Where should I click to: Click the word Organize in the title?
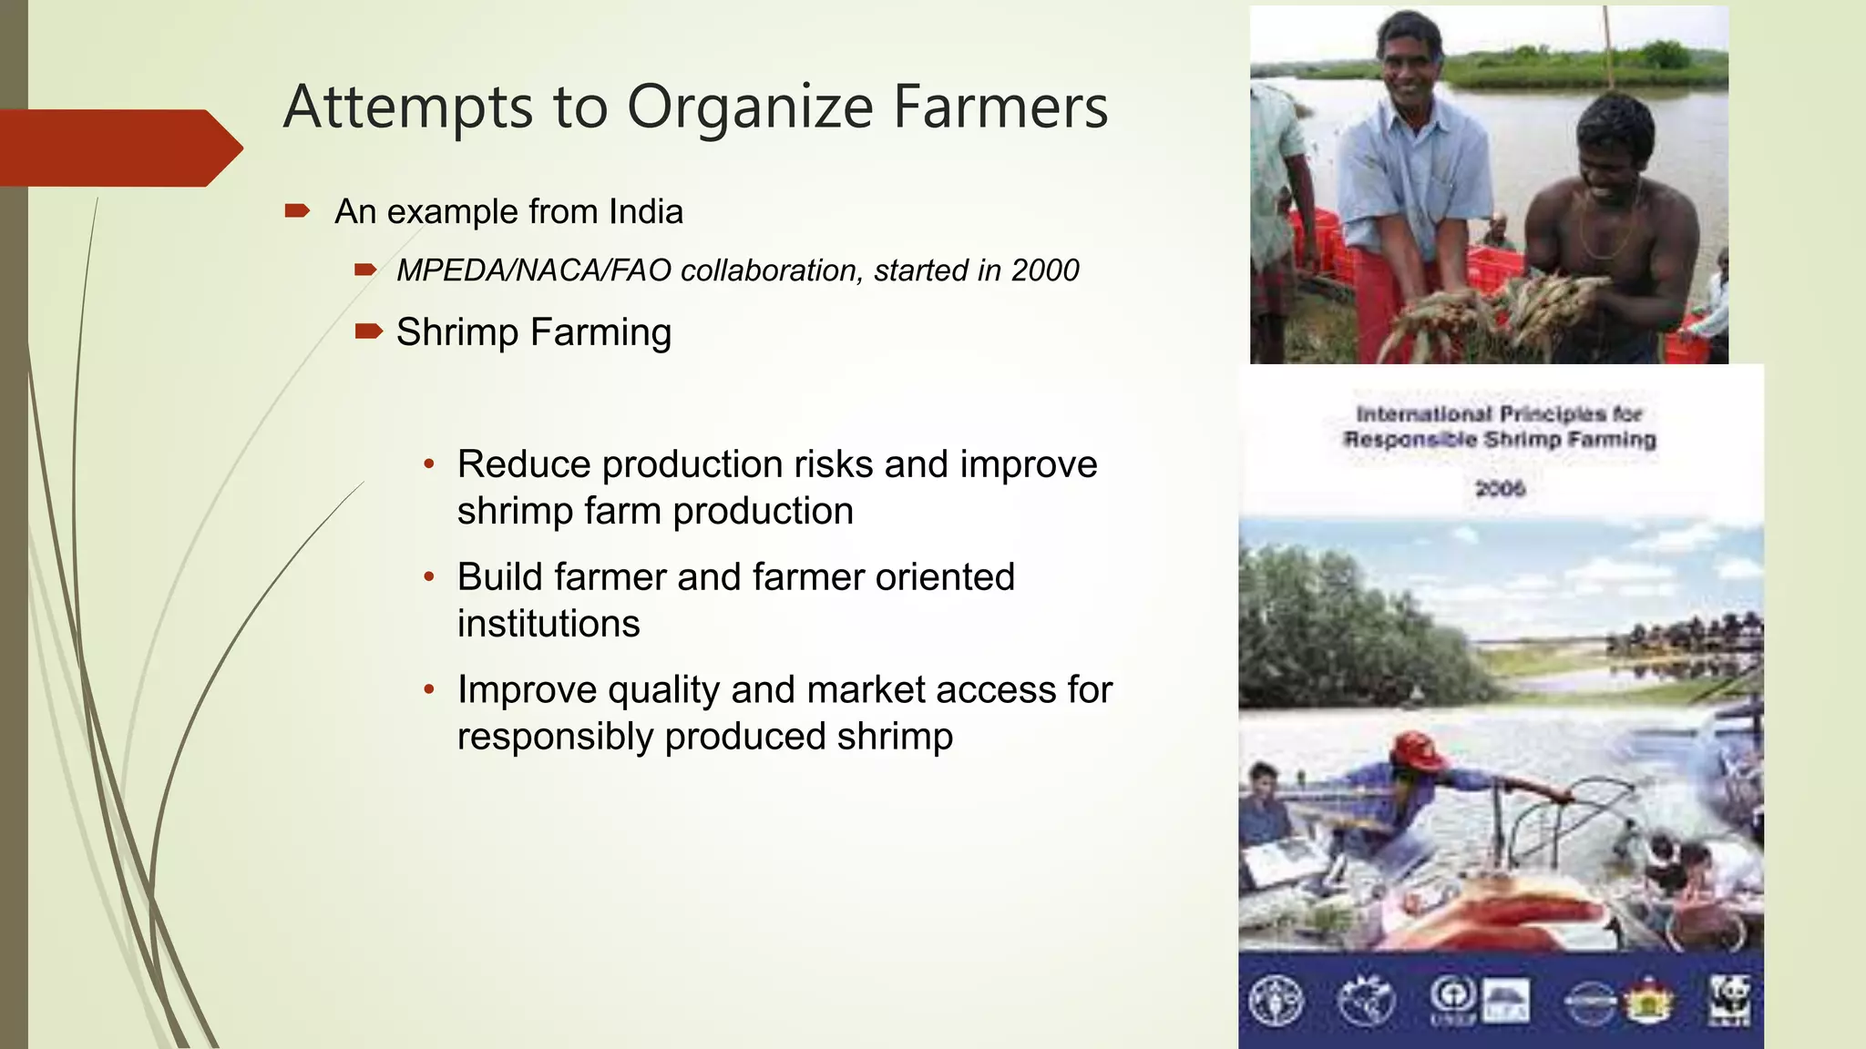click(750, 108)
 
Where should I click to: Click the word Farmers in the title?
click(1000, 107)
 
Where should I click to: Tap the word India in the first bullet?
click(646, 211)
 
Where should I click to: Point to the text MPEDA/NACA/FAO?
click(534, 270)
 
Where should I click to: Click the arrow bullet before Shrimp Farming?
click(368, 331)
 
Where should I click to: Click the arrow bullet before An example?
click(297, 211)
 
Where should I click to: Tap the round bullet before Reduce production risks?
click(429, 463)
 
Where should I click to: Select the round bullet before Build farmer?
click(429, 576)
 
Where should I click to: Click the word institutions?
click(549, 624)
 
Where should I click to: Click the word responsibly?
click(556, 737)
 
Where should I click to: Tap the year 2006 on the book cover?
click(1500, 489)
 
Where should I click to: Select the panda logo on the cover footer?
click(1728, 999)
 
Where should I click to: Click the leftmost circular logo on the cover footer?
click(1276, 1000)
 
